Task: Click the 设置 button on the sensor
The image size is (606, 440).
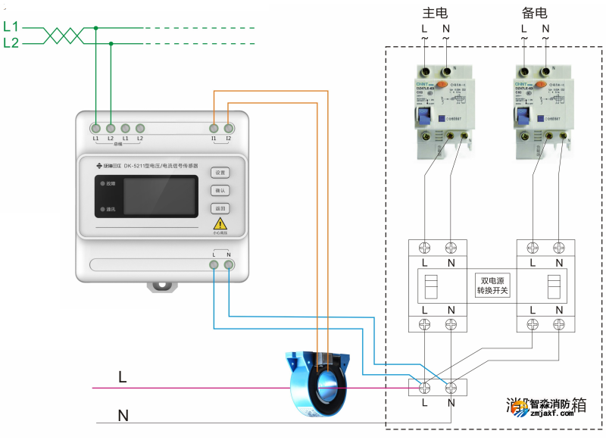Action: (x=220, y=173)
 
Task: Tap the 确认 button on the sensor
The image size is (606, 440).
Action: (x=220, y=191)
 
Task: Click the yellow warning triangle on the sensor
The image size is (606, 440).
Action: (x=220, y=223)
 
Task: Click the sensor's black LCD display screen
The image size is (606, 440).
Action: (x=160, y=196)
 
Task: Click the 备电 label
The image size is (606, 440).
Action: (x=534, y=13)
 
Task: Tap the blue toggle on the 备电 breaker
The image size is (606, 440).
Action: (x=522, y=117)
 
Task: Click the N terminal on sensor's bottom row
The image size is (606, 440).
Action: (x=228, y=265)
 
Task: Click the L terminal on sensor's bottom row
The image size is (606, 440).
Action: (x=214, y=265)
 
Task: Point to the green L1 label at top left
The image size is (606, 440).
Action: (x=11, y=27)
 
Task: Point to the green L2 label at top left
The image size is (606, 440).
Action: (x=11, y=43)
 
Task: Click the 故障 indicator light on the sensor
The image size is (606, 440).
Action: (x=100, y=184)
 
